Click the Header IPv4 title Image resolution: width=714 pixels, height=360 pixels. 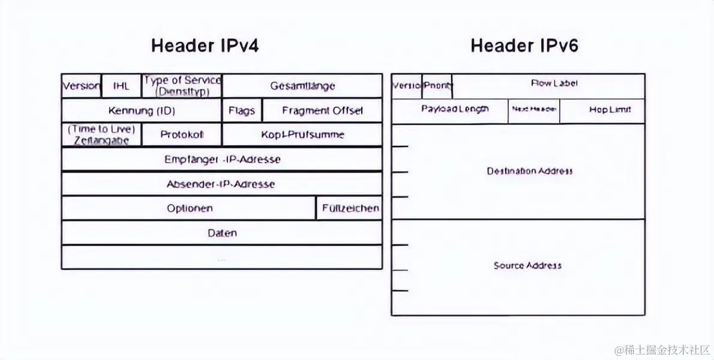click(x=205, y=46)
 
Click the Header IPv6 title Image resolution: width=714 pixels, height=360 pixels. click(x=524, y=46)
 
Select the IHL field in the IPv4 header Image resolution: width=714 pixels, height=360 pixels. click(x=121, y=86)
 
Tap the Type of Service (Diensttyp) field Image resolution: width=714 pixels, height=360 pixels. click(x=182, y=86)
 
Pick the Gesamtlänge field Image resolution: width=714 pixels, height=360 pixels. click(x=302, y=86)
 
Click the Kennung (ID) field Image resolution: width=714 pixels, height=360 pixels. click(x=142, y=110)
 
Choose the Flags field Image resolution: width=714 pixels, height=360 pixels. click(x=242, y=110)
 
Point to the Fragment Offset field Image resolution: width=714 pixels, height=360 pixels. click(x=322, y=110)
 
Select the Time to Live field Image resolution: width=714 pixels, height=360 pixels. click(x=101, y=134)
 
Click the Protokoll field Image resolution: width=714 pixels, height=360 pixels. click(x=182, y=134)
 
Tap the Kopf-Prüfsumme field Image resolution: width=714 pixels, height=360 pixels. click(x=302, y=134)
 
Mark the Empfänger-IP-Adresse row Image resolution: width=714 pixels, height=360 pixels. click(x=222, y=159)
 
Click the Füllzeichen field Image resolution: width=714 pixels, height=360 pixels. click(x=350, y=208)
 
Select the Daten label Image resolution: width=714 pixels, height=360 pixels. click(x=222, y=233)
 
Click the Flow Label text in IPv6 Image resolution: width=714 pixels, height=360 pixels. click(x=554, y=83)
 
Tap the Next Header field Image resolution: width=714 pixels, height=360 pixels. click(x=533, y=109)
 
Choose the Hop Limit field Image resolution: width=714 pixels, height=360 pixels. click(x=609, y=110)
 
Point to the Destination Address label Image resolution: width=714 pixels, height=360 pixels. click(x=529, y=171)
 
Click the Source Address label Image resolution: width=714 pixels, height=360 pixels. click(x=527, y=265)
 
